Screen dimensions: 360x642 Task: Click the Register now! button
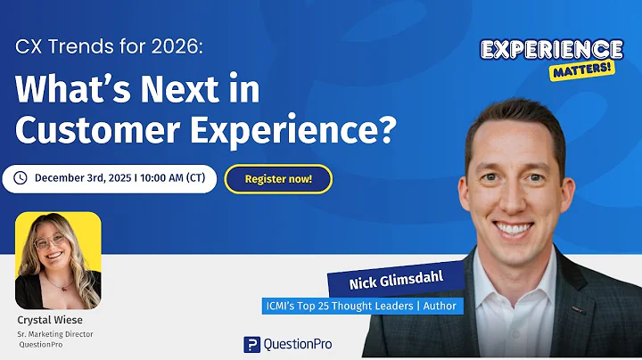point(278,179)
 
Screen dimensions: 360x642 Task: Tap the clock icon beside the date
point(21,178)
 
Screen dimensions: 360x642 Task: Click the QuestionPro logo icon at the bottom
point(252,344)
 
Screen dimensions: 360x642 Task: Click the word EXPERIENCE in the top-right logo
point(552,50)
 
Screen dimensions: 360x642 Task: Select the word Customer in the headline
point(82,131)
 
